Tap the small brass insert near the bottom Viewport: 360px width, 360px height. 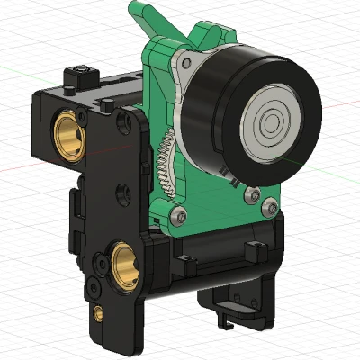[x=97, y=313]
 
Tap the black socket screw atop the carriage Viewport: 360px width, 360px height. [x=83, y=72]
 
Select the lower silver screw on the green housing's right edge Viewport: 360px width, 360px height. [x=266, y=208]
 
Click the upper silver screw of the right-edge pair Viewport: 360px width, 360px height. [x=254, y=193]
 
